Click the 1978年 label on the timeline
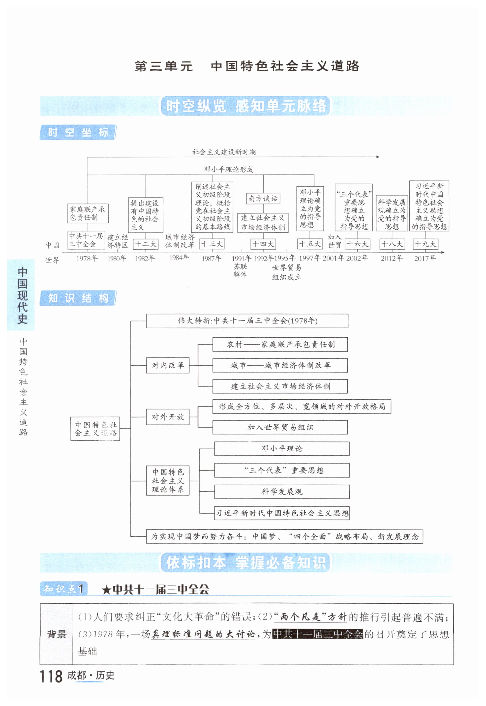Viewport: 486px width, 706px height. click(x=87, y=258)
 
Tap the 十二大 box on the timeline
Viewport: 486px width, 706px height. click(x=145, y=244)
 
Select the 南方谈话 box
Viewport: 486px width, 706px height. click(x=263, y=199)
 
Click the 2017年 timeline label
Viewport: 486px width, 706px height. click(x=425, y=258)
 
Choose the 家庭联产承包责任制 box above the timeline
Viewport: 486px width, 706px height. click(x=87, y=213)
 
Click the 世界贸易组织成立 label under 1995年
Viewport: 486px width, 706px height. click(x=287, y=272)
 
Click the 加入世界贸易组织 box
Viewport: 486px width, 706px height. click(x=280, y=427)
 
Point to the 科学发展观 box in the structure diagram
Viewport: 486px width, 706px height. click(x=282, y=492)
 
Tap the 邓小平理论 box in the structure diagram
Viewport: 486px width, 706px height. click(x=282, y=449)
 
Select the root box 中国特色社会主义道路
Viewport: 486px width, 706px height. click(x=95, y=429)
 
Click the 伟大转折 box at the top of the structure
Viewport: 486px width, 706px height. click(x=247, y=321)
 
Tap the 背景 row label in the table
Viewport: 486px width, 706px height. click(x=57, y=634)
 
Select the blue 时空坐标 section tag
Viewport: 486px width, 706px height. click(x=78, y=132)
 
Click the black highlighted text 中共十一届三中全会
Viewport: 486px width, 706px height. click(x=318, y=634)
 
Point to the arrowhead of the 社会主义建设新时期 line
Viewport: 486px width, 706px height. click(x=378, y=157)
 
